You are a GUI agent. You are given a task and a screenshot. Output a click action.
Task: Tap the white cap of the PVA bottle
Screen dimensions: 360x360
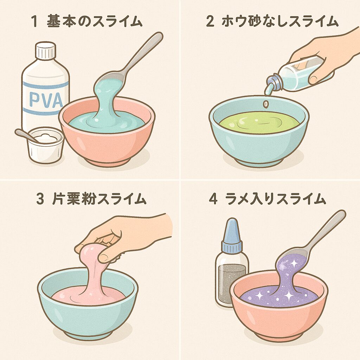click(x=45, y=50)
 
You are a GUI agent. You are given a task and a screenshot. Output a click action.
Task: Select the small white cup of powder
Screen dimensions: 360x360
click(x=45, y=145)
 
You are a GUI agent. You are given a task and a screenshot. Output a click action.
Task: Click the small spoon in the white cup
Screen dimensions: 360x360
click(x=26, y=135)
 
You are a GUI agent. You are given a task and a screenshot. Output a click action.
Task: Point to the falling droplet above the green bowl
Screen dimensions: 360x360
click(x=266, y=104)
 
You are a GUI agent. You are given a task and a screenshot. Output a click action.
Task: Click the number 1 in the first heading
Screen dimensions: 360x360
click(x=34, y=22)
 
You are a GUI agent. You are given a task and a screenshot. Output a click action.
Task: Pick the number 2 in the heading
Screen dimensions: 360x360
click(x=210, y=22)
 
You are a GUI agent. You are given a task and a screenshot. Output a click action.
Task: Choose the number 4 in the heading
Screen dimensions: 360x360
click(x=213, y=199)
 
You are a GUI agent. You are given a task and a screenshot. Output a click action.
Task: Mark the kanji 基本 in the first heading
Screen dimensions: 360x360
click(x=62, y=21)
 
